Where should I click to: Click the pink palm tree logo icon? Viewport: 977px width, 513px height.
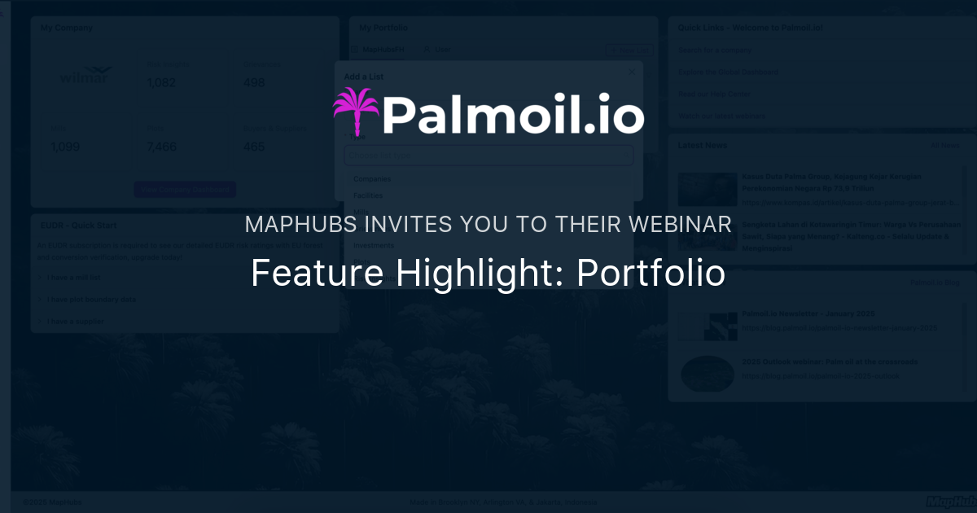(x=356, y=112)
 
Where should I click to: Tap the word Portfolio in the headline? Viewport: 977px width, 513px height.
(x=651, y=274)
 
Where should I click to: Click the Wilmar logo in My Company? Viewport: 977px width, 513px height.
(x=86, y=76)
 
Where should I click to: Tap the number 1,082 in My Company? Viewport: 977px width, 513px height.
(x=161, y=82)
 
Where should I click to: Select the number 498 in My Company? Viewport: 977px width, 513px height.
(x=254, y=82)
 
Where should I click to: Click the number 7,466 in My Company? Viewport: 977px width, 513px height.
(x=162, y=147)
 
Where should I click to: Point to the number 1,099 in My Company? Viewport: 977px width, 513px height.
(x=65, y=147)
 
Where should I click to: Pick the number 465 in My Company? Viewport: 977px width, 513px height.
(x=254, y=147)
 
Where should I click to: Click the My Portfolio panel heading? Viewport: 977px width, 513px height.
(x=383, y=28)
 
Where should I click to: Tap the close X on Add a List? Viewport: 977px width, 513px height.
(x=632, y=72)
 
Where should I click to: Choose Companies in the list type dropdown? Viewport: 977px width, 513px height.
(x=372, y=178)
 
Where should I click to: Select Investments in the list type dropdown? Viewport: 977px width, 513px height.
(x=375, y=245)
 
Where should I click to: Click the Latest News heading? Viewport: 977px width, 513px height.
(x=702, y=145)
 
